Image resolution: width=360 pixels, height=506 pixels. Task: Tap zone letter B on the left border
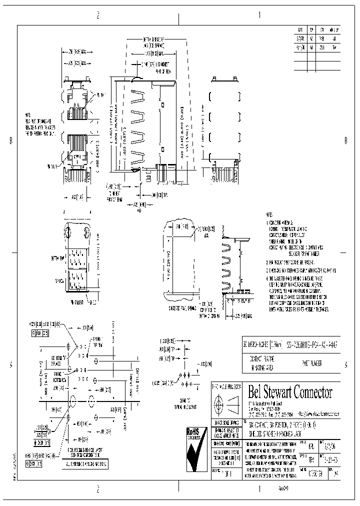tap(10, 141)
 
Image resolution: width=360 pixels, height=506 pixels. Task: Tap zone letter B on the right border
tap(345, 141)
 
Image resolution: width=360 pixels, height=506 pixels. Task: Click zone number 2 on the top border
tap(98, 15)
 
